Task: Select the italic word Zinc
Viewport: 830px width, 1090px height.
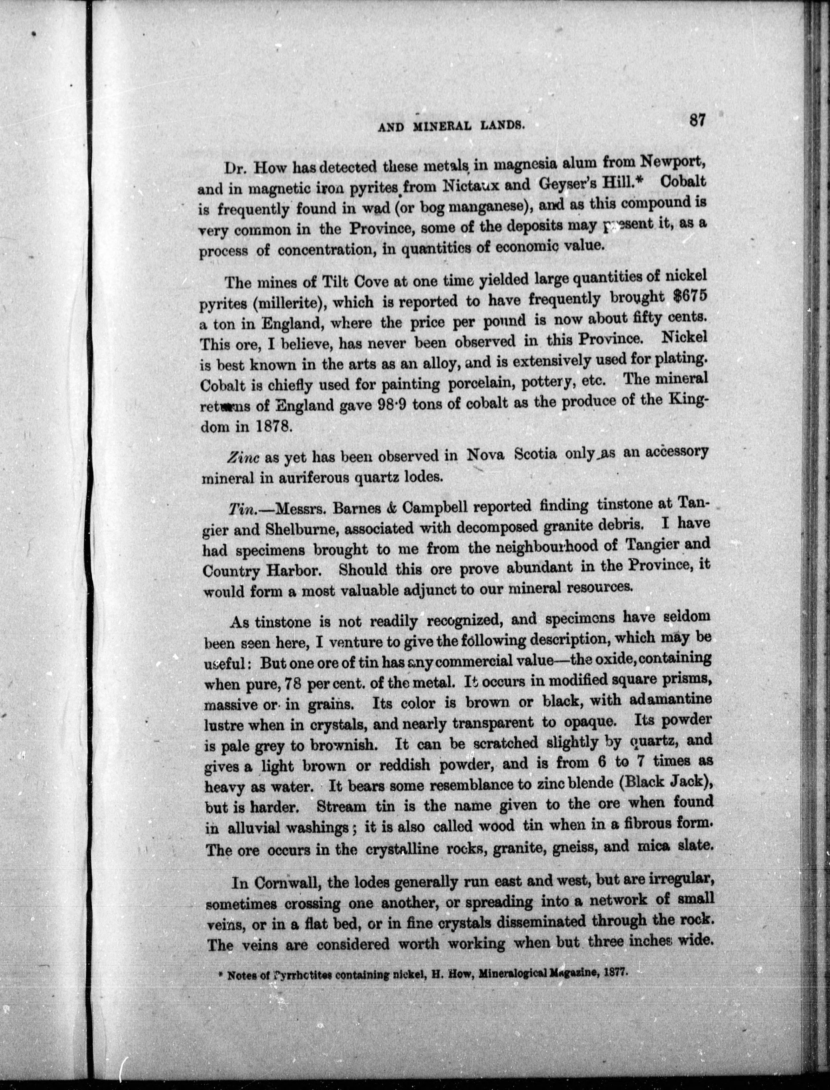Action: [244, 457]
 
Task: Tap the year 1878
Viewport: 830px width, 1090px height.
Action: [270, 426]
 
